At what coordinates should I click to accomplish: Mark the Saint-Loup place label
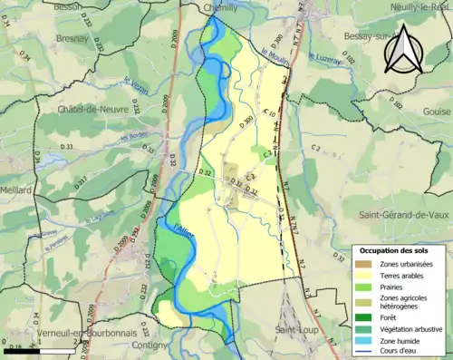296,328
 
